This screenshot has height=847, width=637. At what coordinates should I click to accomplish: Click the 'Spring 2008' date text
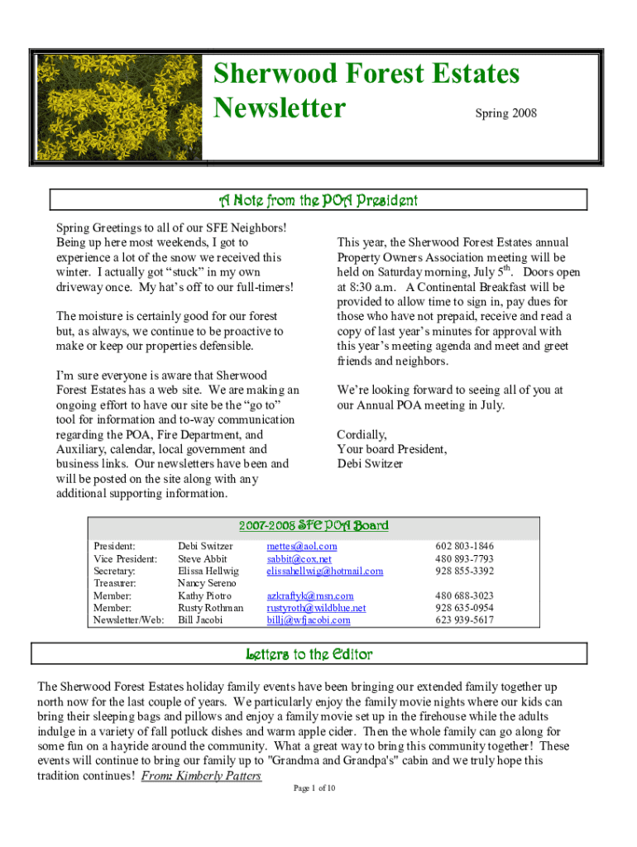(505, 112)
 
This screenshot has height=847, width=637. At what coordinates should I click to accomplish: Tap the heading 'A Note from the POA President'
(318, 200)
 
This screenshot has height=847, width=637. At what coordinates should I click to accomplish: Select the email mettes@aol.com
(302, 546)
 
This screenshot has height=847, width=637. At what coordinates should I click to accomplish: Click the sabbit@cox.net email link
(299, 558)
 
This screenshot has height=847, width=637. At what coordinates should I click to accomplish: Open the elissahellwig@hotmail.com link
(324, 571)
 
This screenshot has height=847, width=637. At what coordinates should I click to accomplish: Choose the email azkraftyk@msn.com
(309, 596)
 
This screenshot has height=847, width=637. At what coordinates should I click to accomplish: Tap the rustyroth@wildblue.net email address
(316, 608)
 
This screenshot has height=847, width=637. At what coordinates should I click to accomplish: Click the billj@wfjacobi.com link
(308, 620)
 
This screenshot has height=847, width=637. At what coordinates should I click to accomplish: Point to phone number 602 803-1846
(465, 546)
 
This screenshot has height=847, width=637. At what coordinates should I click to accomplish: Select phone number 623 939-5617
(465, 620)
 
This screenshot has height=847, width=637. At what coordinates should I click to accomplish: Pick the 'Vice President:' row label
(126, 558)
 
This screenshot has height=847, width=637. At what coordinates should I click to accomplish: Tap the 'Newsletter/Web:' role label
(128, 620)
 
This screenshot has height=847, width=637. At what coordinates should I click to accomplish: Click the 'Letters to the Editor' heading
(309, 654)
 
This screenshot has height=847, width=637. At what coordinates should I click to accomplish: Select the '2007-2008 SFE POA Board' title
(314, 525)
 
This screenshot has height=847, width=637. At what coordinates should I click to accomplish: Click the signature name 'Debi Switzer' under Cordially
(370, 464)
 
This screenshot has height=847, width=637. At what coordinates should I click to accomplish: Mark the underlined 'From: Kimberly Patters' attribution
(202, 776)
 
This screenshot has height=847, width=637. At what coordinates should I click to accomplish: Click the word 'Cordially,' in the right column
(362, 434)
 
